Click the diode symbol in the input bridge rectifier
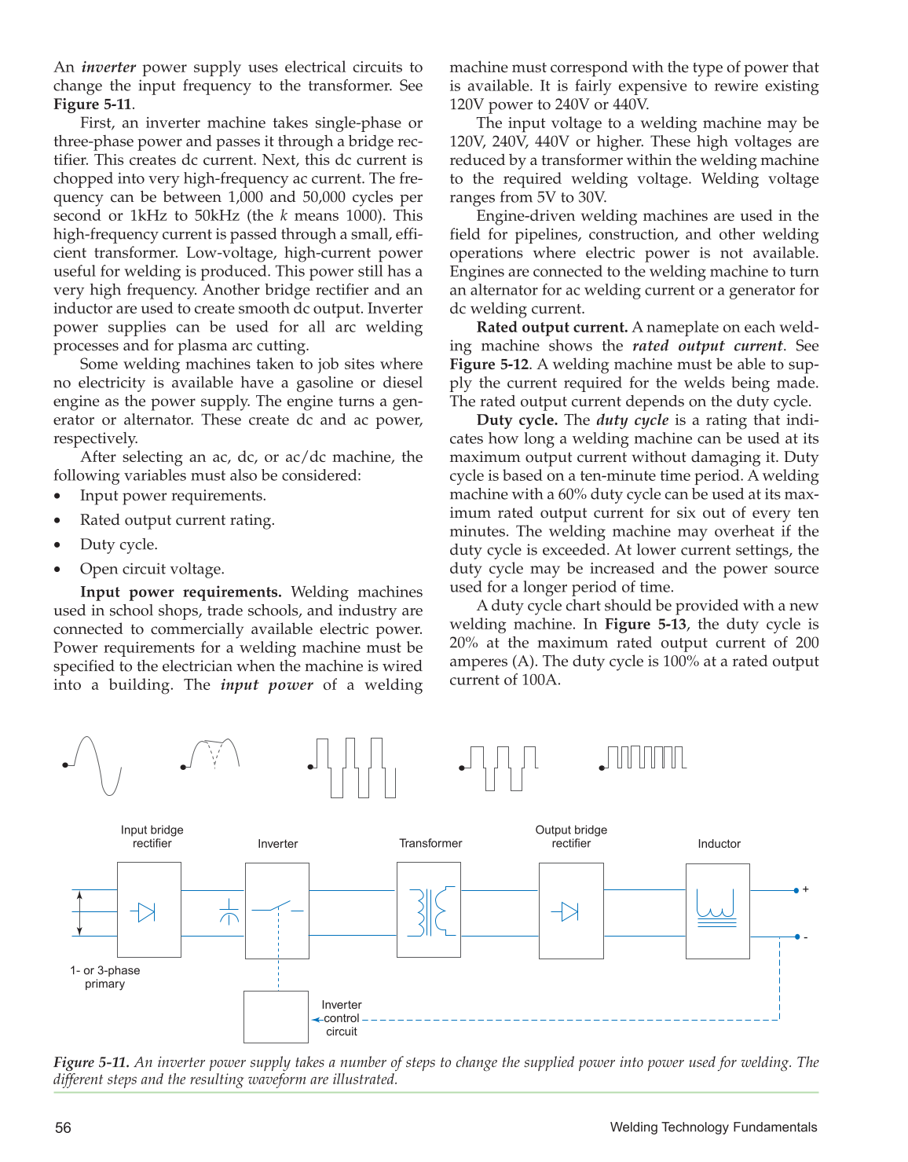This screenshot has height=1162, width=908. [145, 912]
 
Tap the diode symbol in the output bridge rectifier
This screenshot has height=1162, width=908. [568, 911]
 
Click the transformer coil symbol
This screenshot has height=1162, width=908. [429, 911]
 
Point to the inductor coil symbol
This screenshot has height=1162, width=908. [716, 908]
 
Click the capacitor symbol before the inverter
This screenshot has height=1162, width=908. [229, 911]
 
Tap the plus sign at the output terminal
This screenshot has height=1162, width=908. [806, 889]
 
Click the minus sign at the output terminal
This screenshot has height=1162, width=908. [806, 937]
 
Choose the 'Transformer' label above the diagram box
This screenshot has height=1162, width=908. [430, 843]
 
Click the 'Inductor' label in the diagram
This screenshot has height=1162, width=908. [719, 844]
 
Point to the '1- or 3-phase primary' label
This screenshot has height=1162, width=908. [104, 977]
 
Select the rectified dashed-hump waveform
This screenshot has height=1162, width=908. [211, 754]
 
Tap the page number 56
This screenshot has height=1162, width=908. [63, 1128]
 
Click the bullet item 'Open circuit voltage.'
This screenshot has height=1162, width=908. [152, 569]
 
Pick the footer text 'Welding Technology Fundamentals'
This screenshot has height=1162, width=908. [713, 1127]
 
